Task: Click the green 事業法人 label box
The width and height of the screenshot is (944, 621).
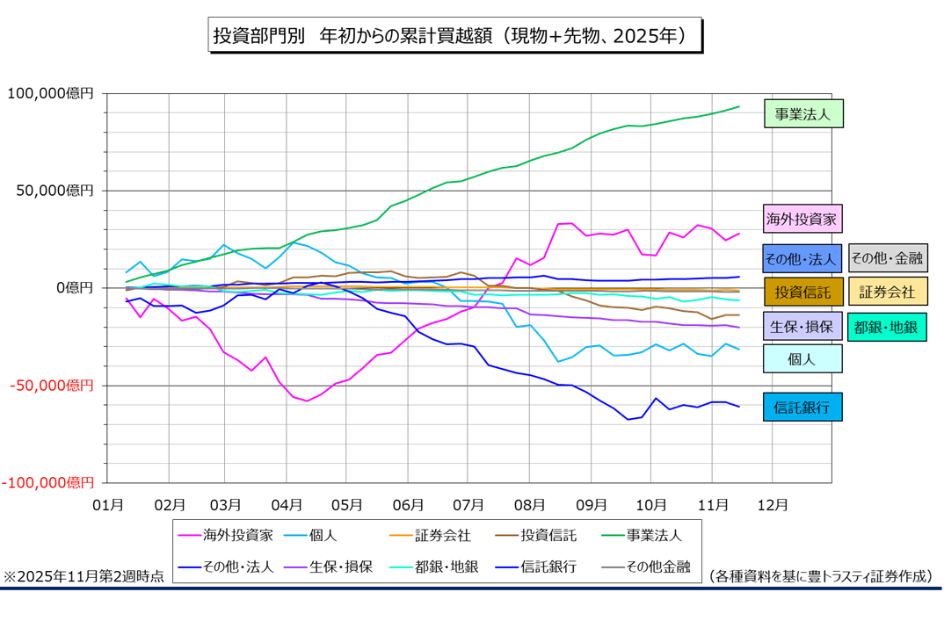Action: [x=802, y=114]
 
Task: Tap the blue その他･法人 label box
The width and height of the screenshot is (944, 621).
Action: [x=802, y=258]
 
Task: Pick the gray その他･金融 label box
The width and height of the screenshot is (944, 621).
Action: [x=887, y=258]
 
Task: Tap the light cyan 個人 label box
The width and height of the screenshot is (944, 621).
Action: [x=802, y=358]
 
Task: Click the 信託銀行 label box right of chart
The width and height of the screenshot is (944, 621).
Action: [x=802, y=407]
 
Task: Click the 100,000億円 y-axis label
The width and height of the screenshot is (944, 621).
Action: [x=50, y=93]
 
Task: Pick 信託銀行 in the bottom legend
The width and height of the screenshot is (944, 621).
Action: [x=549, y=567]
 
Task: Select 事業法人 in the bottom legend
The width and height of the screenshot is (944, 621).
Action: [x=652, y=534]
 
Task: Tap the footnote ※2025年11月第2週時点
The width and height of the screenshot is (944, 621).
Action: [x=84, y=576]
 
